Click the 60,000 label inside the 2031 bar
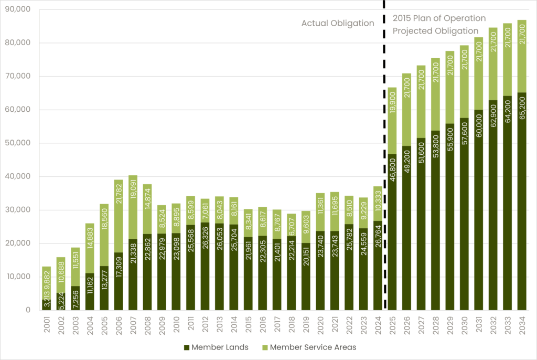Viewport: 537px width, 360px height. (479, 129)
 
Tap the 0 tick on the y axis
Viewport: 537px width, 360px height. (28, 310)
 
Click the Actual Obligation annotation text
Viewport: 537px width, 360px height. (338, 23)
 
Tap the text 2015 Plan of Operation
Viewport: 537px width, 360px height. (439, 18)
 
